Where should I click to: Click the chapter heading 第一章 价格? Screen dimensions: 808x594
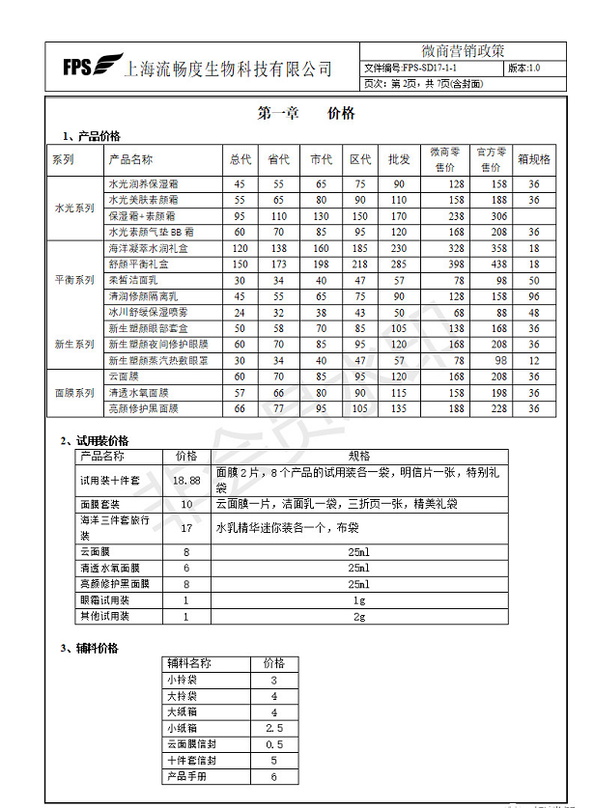[306, 114]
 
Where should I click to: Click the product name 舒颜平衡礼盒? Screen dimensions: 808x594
[138, 264]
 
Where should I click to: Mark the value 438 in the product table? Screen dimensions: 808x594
[497, 264]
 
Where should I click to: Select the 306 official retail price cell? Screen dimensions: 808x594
[497, 216]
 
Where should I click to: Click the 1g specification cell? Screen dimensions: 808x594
[358, 599]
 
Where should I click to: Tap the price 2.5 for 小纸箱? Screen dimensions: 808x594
[273, 727]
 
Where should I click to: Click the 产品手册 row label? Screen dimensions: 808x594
[187, 775]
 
